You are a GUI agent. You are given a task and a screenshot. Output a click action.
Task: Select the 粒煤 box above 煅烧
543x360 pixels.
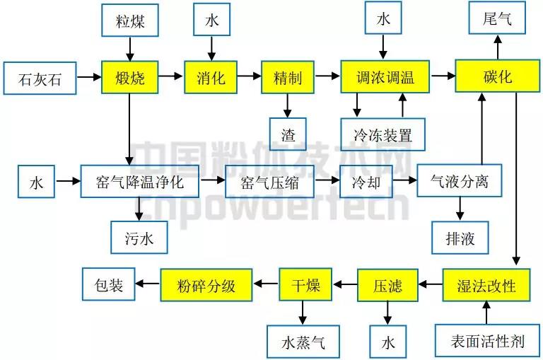129,20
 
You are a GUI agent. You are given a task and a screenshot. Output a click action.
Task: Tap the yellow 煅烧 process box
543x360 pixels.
129,76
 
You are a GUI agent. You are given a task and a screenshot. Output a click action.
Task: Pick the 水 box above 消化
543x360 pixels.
211,20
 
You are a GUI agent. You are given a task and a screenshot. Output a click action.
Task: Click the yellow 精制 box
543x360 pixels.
287,76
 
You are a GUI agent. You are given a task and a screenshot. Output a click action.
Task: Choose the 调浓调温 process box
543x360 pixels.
385,76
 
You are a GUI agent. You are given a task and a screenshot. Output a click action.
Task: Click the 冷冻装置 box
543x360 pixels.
385,134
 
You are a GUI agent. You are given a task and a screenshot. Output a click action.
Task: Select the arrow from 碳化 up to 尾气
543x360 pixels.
498,47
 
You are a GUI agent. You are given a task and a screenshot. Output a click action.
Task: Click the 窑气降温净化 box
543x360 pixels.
140,182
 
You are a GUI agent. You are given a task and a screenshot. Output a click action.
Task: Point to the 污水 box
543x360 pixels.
139,238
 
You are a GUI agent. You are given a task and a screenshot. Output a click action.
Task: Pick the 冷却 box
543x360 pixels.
366,182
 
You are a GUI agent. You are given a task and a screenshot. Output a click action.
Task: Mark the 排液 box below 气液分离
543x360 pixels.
461,238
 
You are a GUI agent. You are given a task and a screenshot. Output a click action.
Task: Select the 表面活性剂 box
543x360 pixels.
487,342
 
